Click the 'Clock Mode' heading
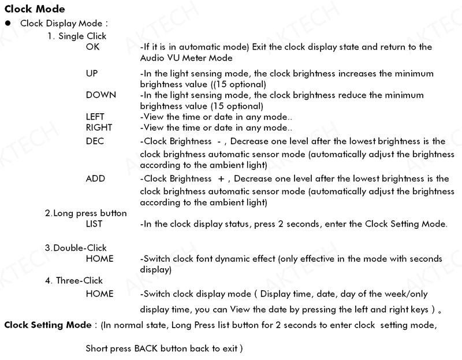pyautogui.click(x=34, y=9)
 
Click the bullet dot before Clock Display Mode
pyautogui.click(x=8, y=24)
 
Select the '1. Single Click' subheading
pyautogui.click(x=77, y=36)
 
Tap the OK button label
pyautogui.click(x=92, y=47)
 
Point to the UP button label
pyautogui.click(x=92, y=74)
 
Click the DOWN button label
pyautogui.click(x=100, y=95)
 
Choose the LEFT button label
pyautogui.click(x=95, y=116)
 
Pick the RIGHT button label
pyautogui.click(x=99, y=127)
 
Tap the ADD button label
pyautogui.click(x=95, y=179)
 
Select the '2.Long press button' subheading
pyautogui.click(x=85, y=213)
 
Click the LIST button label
pyautogui.click(x=94, y=224)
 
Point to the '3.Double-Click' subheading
pyautogui.click(x=77, y=248)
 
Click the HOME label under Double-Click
pyautogui.click(x=99, y=259)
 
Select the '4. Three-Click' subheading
pyautogui.click(x=73, y=281)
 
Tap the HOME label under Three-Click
pyautogui.click(x=99, y=294)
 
